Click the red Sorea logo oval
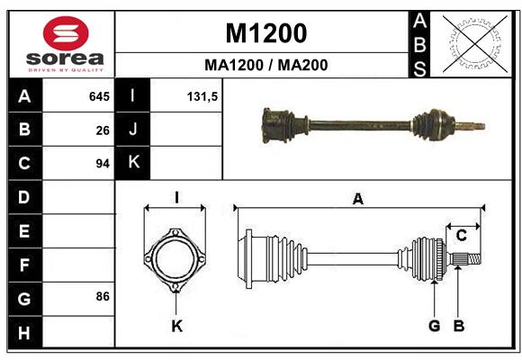66,33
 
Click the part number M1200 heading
266,33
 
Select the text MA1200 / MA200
266,65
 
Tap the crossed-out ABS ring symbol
475,43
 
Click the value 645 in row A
99,96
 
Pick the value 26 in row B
103,130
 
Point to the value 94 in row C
103,164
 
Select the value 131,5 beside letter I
202,96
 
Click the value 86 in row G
103,296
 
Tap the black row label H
25,332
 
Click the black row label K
133,163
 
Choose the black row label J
133,129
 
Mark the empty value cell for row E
78,230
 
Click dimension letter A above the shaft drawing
358,199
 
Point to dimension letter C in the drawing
462,236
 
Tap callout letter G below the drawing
434,326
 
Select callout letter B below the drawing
459,326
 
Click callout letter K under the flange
176,326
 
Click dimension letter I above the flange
176,198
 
